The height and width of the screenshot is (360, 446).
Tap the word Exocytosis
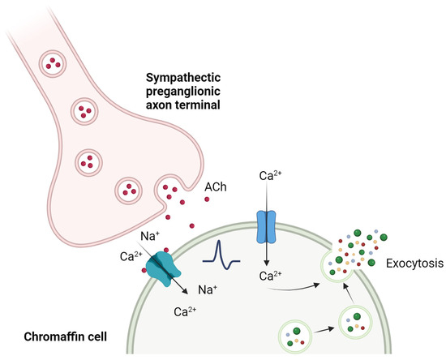[413, 264]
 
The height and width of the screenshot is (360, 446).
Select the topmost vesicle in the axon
[54, 62]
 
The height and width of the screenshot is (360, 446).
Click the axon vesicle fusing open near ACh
[173, 192]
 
